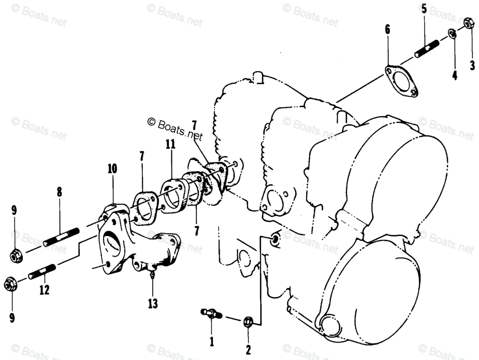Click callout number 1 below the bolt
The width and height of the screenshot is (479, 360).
tap(212, 341)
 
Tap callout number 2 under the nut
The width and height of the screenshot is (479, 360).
tap(248, 350)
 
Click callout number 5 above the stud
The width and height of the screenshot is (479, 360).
tap(424, 9)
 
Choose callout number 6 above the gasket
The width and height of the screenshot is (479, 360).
tap(388, 29)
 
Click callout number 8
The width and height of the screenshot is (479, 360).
tap(59, 192)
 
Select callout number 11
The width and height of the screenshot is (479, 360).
tap(171, 145)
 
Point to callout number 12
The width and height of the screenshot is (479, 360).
tap(44, 290)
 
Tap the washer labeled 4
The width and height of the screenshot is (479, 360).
tap(451, 34)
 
